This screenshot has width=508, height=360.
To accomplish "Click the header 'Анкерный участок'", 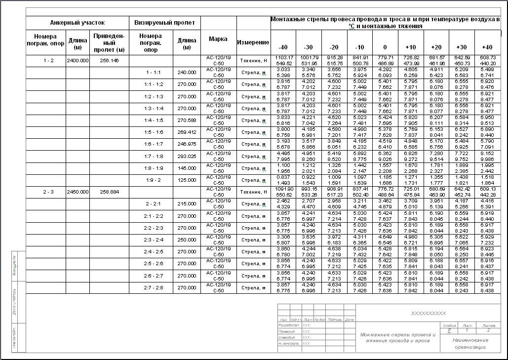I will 78,23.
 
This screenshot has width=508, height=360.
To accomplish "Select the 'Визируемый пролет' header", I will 164,23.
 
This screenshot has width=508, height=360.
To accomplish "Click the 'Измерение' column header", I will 253,42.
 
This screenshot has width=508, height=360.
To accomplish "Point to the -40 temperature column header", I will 282,47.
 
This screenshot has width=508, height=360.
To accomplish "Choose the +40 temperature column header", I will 487,47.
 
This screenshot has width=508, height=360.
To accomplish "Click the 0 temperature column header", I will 385,47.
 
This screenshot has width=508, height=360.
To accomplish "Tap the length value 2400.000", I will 78,60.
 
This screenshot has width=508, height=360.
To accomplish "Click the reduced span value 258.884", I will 109,192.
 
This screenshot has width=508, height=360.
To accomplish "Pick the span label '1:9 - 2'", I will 151,180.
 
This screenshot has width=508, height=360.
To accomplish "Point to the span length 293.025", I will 187,156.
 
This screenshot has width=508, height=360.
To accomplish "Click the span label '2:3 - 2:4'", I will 151,240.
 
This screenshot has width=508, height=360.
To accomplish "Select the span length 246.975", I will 187,144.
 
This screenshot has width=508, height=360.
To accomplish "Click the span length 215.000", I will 187,204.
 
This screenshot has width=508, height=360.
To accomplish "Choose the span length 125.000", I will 187,180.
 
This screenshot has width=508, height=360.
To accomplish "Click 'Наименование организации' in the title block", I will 469,343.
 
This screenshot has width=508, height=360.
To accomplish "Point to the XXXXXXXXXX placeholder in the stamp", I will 428,313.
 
